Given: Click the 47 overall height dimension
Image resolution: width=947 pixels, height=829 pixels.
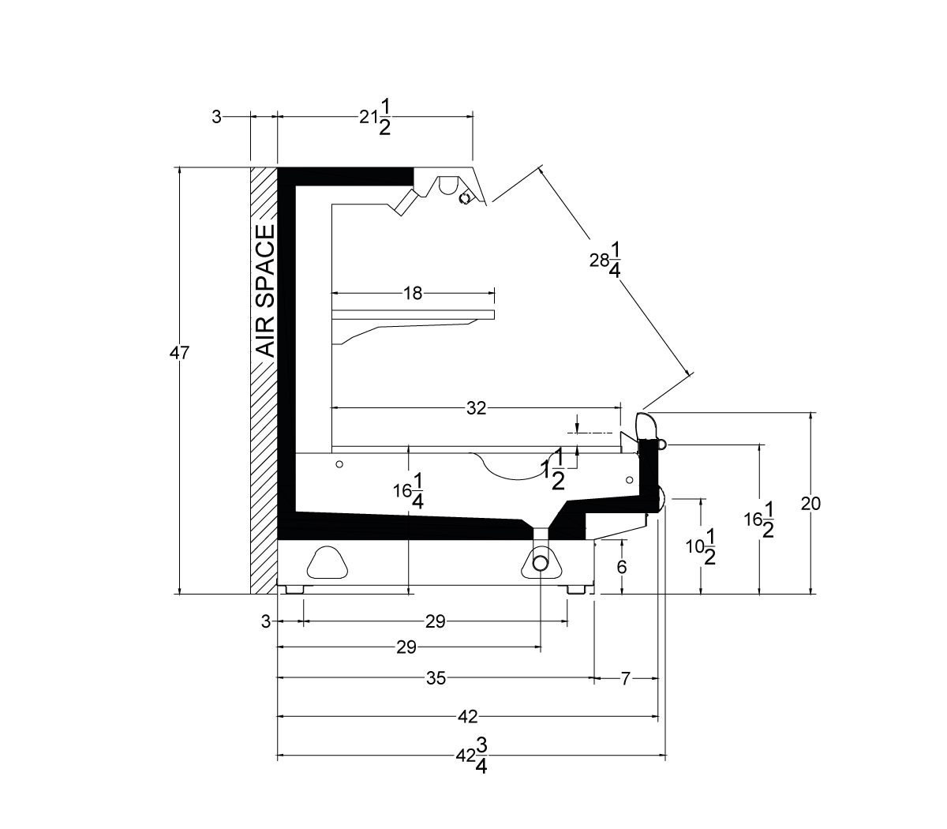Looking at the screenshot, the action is [179, 354].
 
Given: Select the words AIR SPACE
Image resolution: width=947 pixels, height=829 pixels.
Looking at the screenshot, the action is [266, 291].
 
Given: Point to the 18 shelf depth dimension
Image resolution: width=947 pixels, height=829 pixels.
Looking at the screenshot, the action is [413, 293].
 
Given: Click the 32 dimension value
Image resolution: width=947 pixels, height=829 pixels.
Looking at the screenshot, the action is [477, 408].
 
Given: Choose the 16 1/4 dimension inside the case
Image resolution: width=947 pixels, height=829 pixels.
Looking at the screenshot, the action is [409, 491].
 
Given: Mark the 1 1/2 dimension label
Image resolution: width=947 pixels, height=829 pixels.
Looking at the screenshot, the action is [553, 469].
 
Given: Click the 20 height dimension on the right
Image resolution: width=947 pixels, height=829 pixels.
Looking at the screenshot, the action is [810, 504].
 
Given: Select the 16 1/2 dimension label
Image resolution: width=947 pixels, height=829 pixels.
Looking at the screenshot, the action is [759, 520].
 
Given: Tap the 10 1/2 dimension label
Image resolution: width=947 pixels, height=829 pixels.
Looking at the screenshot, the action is [701, 547].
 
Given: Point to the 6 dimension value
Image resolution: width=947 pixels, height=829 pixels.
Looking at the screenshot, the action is [622, 567].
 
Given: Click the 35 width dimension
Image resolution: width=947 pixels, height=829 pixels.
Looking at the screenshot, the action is [436, 678].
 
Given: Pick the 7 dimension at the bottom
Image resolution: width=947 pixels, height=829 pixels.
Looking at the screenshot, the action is [625, 679].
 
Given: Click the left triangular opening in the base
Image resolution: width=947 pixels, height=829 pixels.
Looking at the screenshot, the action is [328, 563].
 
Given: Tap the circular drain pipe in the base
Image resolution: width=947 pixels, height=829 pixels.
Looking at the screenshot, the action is [540, 564].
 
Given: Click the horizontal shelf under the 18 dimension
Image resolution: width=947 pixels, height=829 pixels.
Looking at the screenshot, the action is [413, 314].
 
